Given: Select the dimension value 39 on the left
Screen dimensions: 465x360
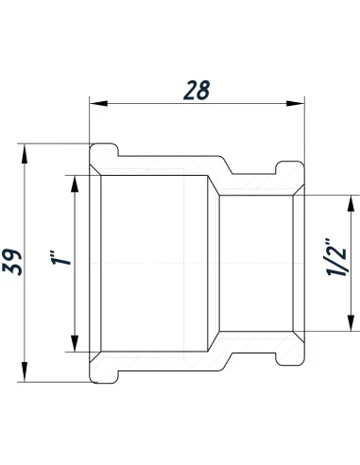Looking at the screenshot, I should [x=12, y=258].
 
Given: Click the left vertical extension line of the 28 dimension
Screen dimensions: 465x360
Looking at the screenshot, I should [x=90, y=123].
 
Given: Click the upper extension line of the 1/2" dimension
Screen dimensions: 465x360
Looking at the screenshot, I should [x=326, y=192].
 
